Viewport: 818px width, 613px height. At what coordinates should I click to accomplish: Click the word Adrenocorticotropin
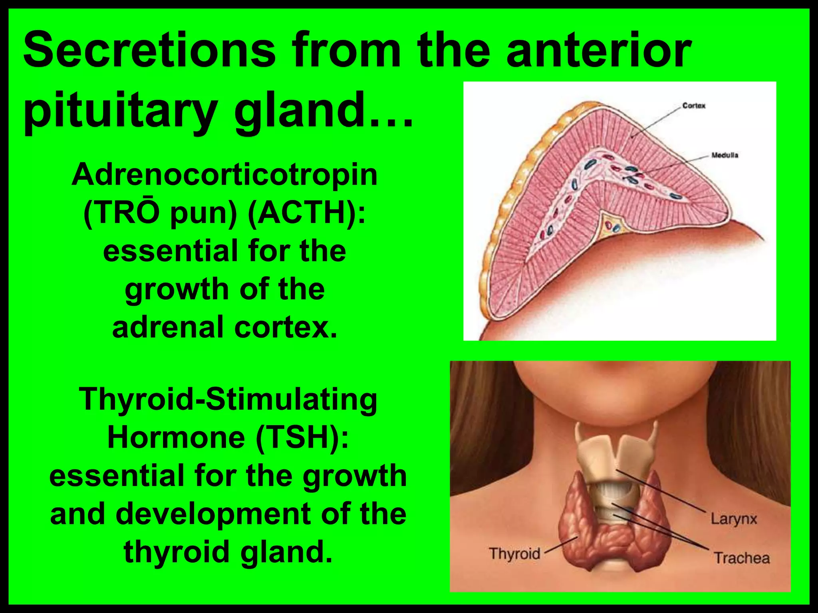(x=224, y=174)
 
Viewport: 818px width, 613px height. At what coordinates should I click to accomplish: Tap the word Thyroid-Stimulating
(x=228, y=399)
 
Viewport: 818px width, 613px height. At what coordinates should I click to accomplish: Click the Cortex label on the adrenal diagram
(x=694, y=106)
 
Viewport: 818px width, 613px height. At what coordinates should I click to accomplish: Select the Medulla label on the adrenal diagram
(x=725, y=155)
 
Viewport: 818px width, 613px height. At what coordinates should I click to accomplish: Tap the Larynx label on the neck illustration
(x=734, y=519)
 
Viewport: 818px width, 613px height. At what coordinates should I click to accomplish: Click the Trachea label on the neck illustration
(x=742, y=558)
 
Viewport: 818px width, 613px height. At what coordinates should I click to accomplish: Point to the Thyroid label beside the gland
(x=515, y=554)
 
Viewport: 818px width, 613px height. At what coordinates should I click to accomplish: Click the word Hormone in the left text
(x=176, y=437)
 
